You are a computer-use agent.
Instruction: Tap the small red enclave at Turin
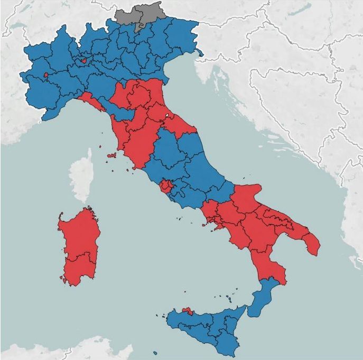point(46,75)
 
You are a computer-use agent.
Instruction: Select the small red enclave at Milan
point(83,60)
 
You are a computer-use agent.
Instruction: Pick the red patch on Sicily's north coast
point(187,310)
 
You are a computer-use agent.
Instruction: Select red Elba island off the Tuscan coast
point(111,155)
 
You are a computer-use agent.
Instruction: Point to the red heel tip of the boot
point(312,244)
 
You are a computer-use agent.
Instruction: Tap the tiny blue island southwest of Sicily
point(155,353)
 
